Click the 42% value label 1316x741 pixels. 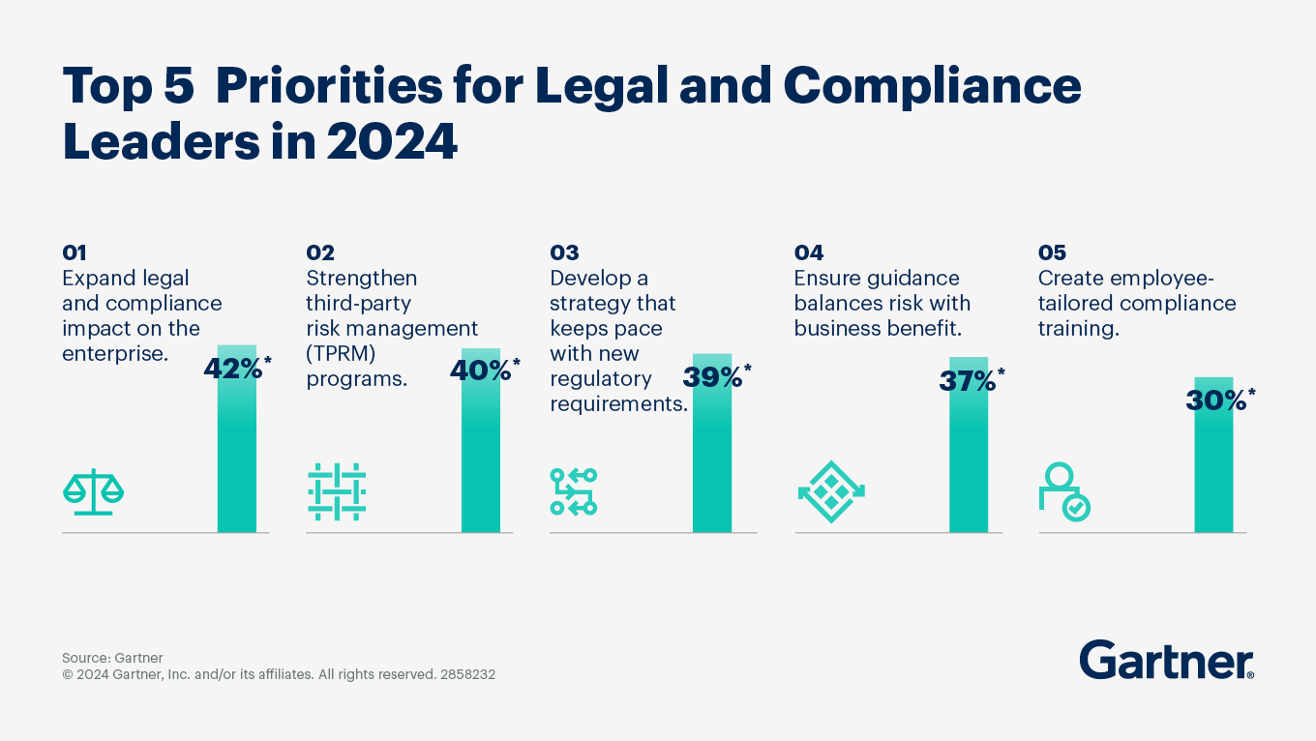click(x=233, y=370)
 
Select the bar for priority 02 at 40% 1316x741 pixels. click(x=481, y=455)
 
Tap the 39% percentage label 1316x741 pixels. click(x=713, y=377)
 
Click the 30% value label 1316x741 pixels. click(x=1216, y=400)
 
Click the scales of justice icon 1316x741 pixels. click(x=93, y=491)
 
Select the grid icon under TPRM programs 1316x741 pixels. click(x=336, y=492)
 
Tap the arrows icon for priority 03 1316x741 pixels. click(x=574, y=491)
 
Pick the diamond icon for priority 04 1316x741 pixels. click(x=831, y=491)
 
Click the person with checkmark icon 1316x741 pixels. click(x=1063, y=492)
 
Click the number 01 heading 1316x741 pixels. click(x=75, y=253)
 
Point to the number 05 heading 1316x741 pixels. click(x=1052, y=253)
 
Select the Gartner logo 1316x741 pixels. click(x=1166, y=661)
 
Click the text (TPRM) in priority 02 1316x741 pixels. click(x=340, y=354)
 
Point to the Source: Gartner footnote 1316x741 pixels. click(x=112, y=658)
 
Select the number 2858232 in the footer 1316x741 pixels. click(x=466, y=675)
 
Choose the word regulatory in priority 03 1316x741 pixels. click(x=601, y=379)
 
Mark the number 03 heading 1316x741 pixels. click(x=564, y=253)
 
